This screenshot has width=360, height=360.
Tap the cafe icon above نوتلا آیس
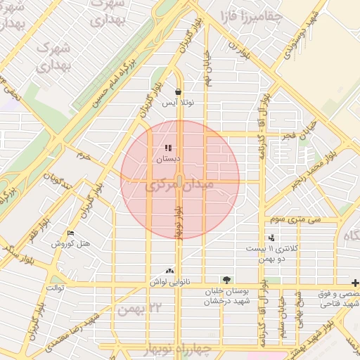point(179,91)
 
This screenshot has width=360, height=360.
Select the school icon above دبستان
point(168,148)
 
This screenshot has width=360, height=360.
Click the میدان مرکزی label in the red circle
point(180,188)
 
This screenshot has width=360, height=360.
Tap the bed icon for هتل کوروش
point(70,233)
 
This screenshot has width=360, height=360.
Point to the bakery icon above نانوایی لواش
point(169,271)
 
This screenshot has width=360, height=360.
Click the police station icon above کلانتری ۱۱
point(271,238)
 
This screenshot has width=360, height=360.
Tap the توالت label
point(55,288)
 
